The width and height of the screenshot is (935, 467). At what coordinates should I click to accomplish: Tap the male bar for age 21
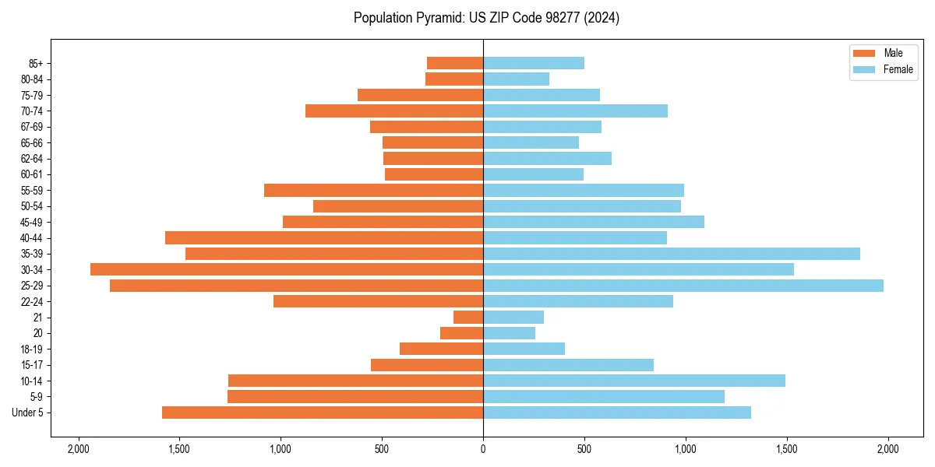pyautogui.click(x=468, y=318)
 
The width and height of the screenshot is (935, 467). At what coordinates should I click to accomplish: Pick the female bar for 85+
pyautogui.click(x=534, y=63)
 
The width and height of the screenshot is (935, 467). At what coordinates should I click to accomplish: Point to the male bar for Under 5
pyautogui.click(x=323, y=413)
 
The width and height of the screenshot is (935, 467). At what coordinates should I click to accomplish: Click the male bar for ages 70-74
pyautogui.click(x=394, y=111)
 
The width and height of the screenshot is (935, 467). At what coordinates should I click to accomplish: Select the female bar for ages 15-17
pyautogui.click(x=568, y=365)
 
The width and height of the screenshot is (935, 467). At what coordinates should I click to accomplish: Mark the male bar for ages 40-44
pyautogui.click(x=324, y=237)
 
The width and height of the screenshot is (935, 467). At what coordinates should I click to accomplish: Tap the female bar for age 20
pyautogui.click(x=509, y=333)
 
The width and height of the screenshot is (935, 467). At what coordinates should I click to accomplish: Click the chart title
pyautogui.click(x=486, y=18)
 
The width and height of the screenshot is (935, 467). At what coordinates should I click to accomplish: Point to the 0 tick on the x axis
pyautogui.click(x=483, y=449)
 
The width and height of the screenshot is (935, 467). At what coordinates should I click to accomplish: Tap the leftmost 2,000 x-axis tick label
pyautogui.click(x=78, y=449)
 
